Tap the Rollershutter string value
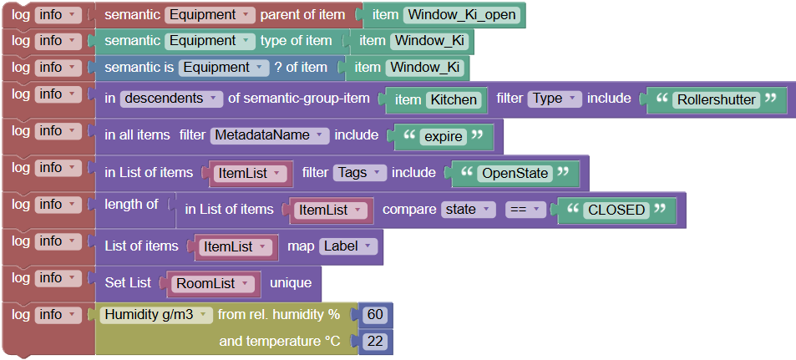716,99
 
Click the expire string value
442,136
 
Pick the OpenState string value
515,173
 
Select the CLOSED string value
616,210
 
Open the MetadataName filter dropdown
270,135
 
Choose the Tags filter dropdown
359,173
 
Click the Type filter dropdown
554,99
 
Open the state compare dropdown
468,210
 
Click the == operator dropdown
525,210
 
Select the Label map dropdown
348,246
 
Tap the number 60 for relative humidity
375,315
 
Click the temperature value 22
375,342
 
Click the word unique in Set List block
290,283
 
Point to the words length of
131,204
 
